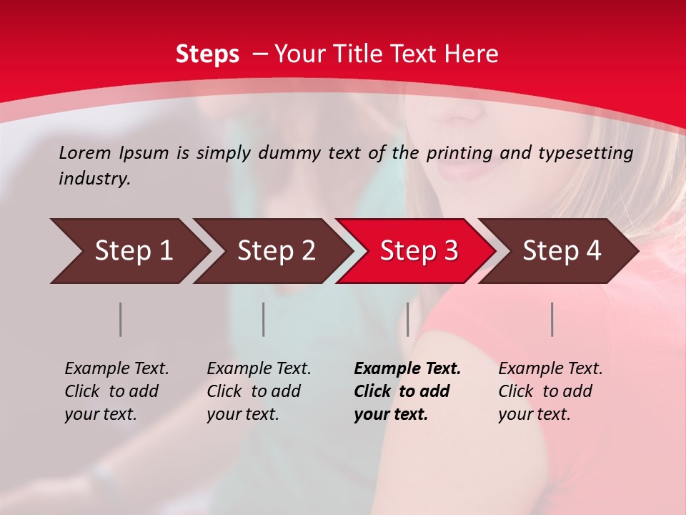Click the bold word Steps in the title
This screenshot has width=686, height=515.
(207, 54)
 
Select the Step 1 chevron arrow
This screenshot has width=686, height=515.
(129, 251)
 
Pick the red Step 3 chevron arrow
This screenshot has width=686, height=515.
(417, 251)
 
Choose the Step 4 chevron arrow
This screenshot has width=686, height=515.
(560, 251)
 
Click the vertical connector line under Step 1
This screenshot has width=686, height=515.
(120, 319)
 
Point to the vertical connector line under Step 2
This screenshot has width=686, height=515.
(263, 319)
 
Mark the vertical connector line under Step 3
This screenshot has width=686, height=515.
(407, 319)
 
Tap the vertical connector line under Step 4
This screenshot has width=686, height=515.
(552, 319)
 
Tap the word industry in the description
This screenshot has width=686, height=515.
(94, 179)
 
